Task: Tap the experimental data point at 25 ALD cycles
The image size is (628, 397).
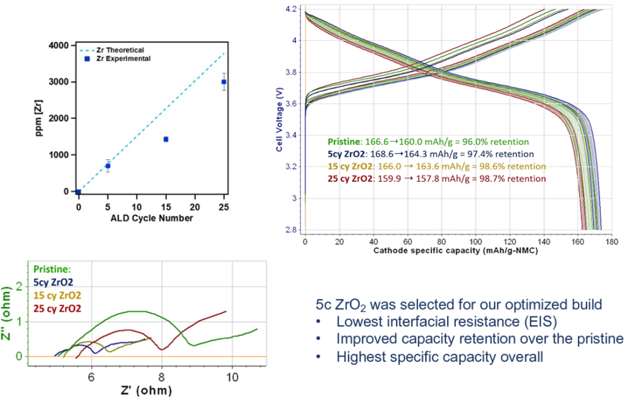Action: point(224,82)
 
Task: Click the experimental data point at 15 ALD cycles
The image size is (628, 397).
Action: point(166,140)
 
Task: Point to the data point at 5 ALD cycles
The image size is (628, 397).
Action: point(108,166)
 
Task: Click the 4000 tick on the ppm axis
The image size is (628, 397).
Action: point(60,45)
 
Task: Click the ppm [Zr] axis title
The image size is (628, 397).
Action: point(40,118)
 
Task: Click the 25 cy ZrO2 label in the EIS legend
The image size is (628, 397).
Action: point(58,308)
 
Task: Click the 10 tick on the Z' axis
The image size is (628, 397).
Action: point(232,376)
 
